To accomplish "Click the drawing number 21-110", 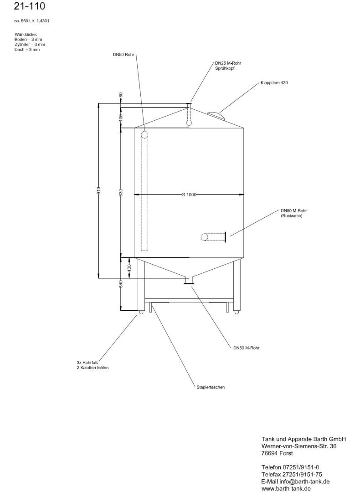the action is click(x=30, y=6).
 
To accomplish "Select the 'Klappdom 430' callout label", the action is click(x=274, y=83).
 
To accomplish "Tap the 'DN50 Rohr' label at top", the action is click(x=123, y=55).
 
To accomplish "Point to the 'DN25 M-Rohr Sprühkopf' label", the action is click(x=228, y=66).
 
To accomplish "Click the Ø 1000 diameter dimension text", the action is click(x=189, y=195).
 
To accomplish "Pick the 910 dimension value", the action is click(x=98, y=190).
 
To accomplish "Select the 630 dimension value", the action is click(x=121, y=193).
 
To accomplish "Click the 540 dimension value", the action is click(x=121, y=283).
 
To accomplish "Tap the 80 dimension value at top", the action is click(x=121, y=95).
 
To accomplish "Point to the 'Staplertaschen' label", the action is click(x=211, y=387).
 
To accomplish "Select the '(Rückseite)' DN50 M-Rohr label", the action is click(x=292, y=216).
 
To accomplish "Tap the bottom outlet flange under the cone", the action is click(x=189, y=284).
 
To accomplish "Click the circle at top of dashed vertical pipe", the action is click(x=144, y=135).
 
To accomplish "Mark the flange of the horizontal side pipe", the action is click(x=225, y=237).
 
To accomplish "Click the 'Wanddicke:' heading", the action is click(x=26, y=34).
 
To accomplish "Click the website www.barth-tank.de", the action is click(x=286, y=488).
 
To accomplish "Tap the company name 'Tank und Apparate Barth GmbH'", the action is click(x=303, y=439).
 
